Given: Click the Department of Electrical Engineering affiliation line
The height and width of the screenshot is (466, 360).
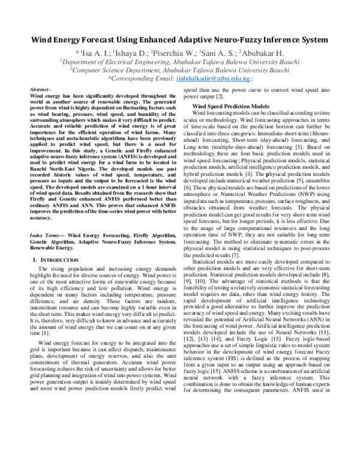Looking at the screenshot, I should [180, 61].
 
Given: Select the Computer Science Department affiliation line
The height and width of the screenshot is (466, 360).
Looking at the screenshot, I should [180, 69].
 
